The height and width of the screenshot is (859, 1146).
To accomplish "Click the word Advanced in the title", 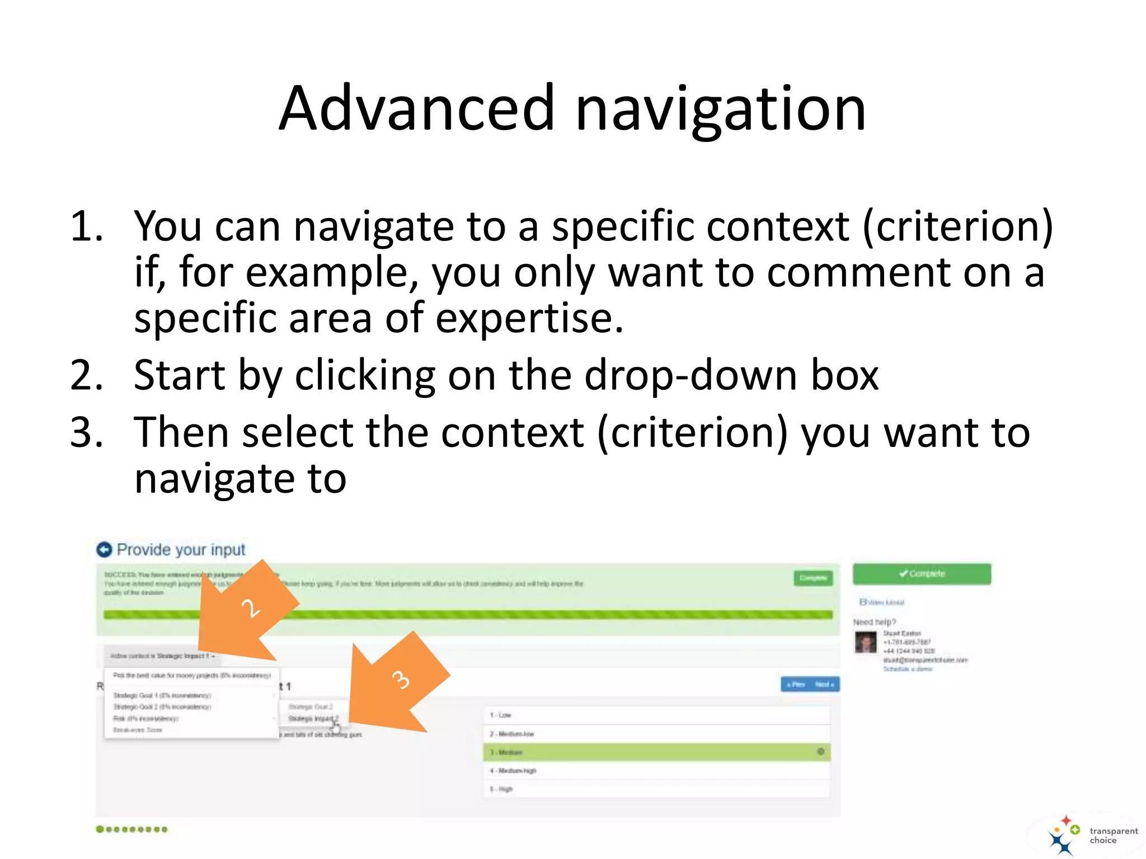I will click(417, 108).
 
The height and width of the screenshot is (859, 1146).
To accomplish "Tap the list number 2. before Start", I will click(87, 375).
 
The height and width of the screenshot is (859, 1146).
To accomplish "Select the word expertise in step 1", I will click(529, 319).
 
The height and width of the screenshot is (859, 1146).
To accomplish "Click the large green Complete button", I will click(922, 574).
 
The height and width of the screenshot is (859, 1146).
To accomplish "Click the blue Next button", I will click(825, 685).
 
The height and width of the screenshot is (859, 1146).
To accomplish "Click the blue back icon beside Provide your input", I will click(104, 550).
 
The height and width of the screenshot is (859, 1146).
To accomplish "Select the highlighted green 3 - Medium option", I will click(656, 752).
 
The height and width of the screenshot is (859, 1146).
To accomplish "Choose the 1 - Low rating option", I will click(656, 715).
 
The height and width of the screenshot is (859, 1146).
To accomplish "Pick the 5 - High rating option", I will click(656, 789).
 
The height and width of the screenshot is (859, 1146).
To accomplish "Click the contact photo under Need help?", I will click(866, 642).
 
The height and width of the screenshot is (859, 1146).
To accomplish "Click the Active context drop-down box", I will click(162, 655).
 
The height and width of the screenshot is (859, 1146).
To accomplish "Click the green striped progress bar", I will click(504, 615).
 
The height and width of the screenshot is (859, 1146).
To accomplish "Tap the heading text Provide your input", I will click(181, 550).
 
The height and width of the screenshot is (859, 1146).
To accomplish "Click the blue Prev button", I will click(796, 685).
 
